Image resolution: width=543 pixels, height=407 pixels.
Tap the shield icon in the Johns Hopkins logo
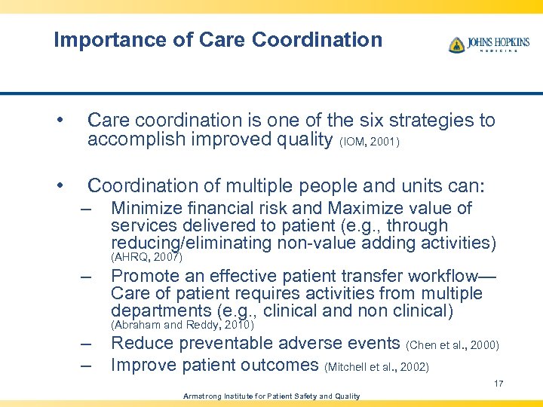pos(456,45)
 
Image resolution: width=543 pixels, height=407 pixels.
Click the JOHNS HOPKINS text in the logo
pos(498,42)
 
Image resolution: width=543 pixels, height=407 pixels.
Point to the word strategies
pos(422,121)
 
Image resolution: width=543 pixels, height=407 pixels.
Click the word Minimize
pos(143,209)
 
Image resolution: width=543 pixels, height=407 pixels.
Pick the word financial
pos(213,209)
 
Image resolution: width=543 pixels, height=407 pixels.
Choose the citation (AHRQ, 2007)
pos(146,257)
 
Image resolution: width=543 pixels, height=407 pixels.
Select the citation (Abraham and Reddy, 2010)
pos(182,325)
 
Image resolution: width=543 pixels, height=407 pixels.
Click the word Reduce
pos(140,344)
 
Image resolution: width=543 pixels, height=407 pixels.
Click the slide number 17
pos(499,384)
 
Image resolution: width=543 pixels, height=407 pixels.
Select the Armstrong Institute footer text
pos(271,396)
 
